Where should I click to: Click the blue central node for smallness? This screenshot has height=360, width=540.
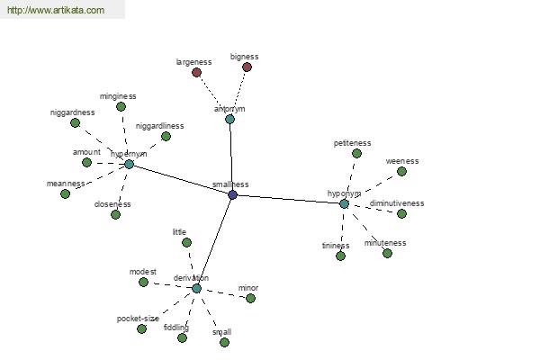pos(232,194)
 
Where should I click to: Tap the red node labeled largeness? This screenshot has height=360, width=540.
pos(196,72)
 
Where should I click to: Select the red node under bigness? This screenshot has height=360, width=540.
pos(247,67)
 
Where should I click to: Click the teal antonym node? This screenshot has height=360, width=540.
pos(229,119)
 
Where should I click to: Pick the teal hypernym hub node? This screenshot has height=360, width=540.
pos(129,164)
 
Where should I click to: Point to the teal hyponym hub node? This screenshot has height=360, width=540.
pos(344,204)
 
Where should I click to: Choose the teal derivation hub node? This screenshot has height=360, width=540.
pos(196,288)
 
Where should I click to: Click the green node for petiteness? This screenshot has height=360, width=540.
pos(356,153)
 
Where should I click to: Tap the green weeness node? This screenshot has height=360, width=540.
pos(401,171)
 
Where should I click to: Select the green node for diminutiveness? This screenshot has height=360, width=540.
pos(401,213)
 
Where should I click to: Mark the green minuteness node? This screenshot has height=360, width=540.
pos(387,253)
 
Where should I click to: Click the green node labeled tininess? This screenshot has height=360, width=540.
pos(341,256)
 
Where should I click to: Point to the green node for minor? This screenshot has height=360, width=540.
pos(250,298)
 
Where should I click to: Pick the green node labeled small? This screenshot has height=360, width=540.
pos(224,342)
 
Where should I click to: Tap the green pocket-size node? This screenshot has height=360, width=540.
pos(141,328)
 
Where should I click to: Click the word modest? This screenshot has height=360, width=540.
pos(142,272)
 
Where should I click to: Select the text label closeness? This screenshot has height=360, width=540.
pos(112,204)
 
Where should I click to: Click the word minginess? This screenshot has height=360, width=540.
pos(118,96)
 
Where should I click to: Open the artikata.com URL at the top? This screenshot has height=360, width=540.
pos(55,11)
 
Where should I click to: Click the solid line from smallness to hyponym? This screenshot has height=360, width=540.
pos(288,199)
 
